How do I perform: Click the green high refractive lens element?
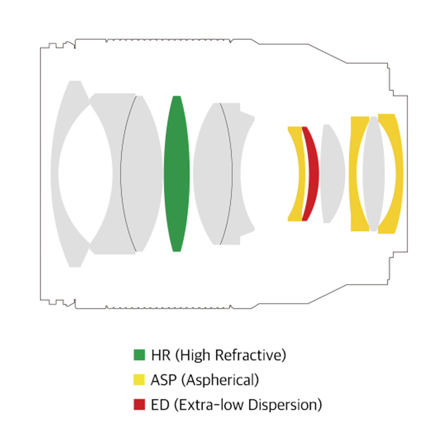tap(177, 174)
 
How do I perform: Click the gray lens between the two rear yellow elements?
tap(373, 174)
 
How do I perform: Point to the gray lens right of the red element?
tap(332, 174)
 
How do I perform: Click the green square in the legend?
tap(139, 355)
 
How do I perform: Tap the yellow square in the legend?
tap(139, 380)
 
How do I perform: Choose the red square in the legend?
tap(139, 404)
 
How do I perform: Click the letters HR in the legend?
tap(161, 355)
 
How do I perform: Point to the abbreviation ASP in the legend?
tap(164, 380)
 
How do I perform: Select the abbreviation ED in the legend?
tap(160, 405)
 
